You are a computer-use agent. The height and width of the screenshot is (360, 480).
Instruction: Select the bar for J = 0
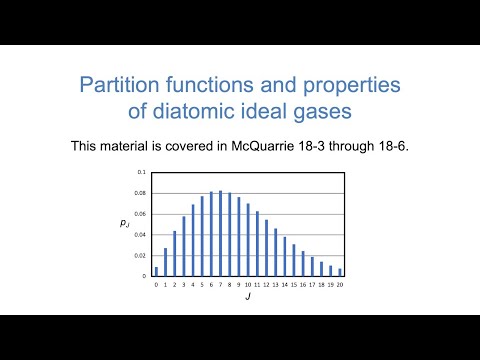tap(156, 271)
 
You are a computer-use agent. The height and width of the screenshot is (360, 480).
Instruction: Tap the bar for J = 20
tap(340, 272)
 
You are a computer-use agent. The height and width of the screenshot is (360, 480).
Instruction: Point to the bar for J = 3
tap(184, 246)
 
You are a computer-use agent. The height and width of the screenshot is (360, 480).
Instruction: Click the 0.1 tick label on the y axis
tap(141, 172)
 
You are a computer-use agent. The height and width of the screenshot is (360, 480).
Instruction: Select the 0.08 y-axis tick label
tap(140, 194)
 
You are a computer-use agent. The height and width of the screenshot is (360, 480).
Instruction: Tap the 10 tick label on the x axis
tap(248, 285)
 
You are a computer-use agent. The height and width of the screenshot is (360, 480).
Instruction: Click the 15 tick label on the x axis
tap(294, 285)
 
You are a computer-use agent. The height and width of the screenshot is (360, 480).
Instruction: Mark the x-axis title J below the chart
tap(248, 298)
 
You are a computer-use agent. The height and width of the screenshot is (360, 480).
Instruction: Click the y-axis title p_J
tap(123, 225)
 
